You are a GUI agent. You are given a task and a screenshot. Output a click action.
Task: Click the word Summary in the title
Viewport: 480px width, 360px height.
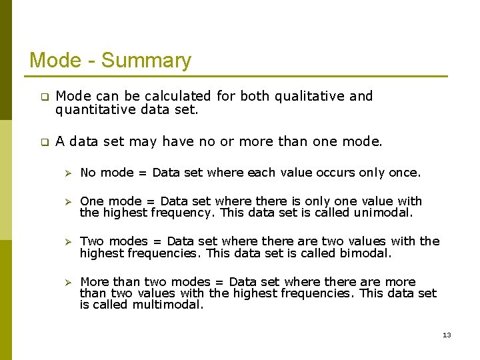[x=146, y=61]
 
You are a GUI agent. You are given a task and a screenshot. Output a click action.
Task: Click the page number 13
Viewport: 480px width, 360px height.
[x=447, y=335]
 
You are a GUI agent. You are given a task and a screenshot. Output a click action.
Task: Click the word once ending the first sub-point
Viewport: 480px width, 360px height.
[x=404, y=173]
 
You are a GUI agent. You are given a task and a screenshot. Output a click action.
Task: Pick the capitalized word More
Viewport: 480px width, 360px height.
[x=95, y=281]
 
